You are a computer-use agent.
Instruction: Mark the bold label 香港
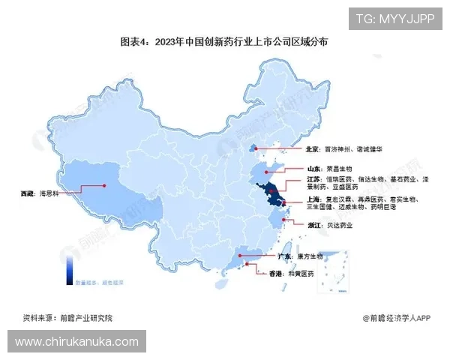(x=278, y=274)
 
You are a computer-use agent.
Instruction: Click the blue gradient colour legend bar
(x=68, y=268)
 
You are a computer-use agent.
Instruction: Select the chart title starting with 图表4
(x=225, y=43)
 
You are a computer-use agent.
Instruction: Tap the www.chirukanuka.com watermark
(x=77, y=342)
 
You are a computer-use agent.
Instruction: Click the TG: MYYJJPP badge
(x=394, y=19)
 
